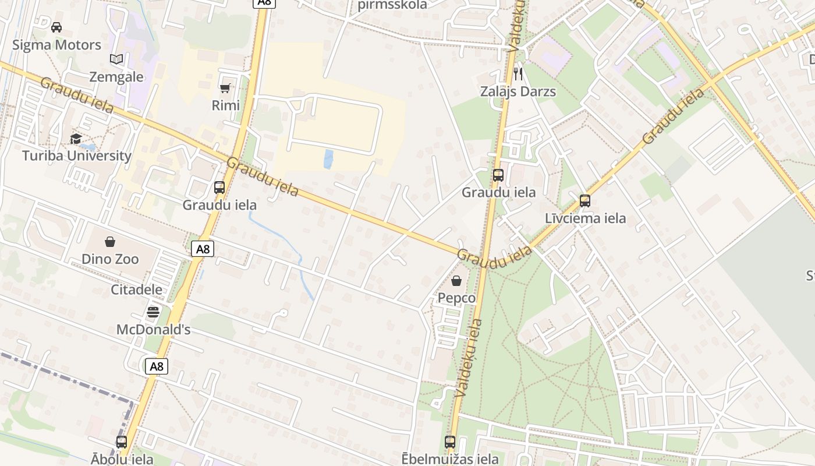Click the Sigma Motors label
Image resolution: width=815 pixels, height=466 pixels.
pos(56,45)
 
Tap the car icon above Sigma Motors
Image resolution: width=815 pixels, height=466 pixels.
pos(56,27)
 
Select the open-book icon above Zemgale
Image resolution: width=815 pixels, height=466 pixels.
pos(116,59)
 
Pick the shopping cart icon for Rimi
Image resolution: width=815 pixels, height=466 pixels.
pos(225,88)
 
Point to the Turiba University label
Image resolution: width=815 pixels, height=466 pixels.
pos(76,156)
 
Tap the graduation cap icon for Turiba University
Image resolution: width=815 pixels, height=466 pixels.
pos(76,139)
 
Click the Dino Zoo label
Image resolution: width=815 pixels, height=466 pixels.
pos(110,259)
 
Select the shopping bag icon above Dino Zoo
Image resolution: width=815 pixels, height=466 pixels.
pos(110,242)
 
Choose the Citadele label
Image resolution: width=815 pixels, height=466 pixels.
pos(137,290)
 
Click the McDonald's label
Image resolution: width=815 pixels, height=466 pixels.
pos(153,330)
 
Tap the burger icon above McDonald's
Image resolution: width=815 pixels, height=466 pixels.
pos(153,312)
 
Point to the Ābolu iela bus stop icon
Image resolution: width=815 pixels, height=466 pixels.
pos(122,442)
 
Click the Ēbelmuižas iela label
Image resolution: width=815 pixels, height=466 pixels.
pos(449,459)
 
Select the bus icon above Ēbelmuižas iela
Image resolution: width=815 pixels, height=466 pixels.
pos(450,442)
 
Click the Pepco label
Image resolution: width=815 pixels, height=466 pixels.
pos(456,298)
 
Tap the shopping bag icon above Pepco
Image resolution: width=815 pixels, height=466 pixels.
pos(456,281)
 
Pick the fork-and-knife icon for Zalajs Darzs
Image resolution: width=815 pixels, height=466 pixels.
pos(518,74)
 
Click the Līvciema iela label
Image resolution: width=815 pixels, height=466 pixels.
pos(585,218)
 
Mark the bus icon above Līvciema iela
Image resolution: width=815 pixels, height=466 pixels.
pos(585,201)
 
